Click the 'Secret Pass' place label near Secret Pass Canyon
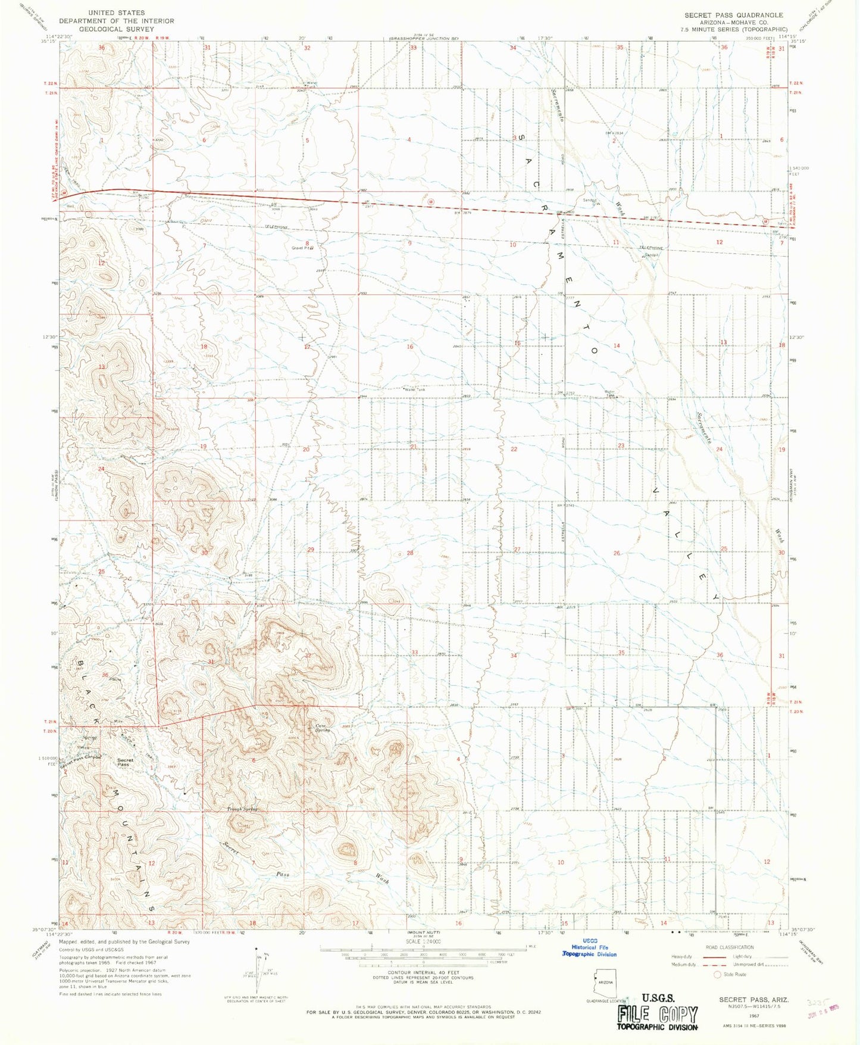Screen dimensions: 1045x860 coord(125,762)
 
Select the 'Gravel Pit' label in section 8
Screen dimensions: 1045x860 coord(302,248)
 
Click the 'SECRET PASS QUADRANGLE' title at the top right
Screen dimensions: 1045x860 coord(733,15)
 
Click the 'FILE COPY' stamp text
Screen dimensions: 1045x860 coord(657,1013)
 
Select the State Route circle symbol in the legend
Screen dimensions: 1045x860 coord(717,974)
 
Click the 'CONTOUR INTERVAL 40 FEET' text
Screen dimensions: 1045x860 coord(423,972)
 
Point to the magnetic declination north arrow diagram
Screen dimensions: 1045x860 coord(257,970)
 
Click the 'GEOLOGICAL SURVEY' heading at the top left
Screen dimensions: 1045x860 coord(116,29)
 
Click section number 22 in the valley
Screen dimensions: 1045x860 coord(514,449)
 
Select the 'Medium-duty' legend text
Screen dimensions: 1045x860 coord(683,965)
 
